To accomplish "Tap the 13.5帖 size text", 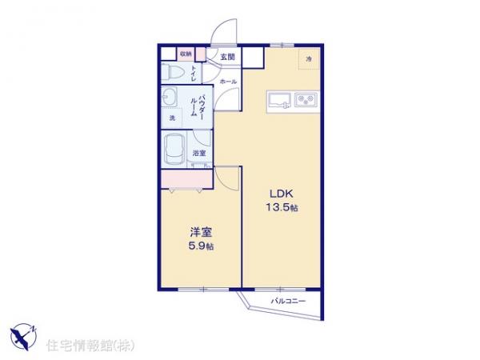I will pyautogui.click(x=282, y=208).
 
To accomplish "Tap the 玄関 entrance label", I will pyautogui.click(x=228, y=57).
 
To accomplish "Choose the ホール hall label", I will pyautogui.click(x=227, y=82).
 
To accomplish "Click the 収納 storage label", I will pyautogui.click(x=186, y=54).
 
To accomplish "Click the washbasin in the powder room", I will pyautogui.click(x=171, y=99).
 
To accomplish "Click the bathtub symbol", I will pyautogui.click(x=174, y=148).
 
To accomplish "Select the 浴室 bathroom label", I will pyautogui.click(x=199, y=152).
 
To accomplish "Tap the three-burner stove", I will pyautogui.click(x=306, y=100).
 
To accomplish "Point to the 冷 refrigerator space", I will pyautogui.click(x=310, y=59).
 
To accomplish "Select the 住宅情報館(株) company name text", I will pyautogui.click(x=90, y=345).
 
